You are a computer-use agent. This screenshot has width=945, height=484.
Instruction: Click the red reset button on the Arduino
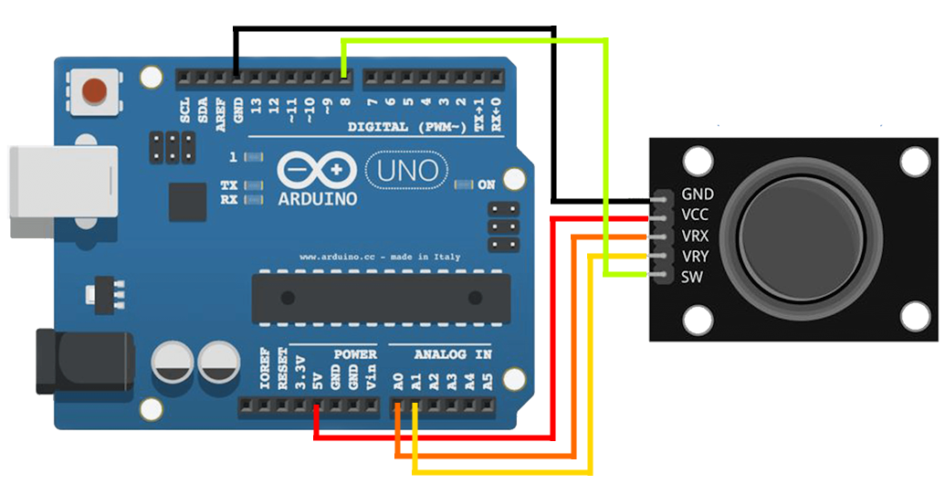point(95,90)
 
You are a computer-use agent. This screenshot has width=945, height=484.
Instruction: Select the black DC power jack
point(84,362)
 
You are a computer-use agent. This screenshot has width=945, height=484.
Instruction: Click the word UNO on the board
point(407,171)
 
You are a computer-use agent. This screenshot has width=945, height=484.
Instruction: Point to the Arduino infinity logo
point(317,170)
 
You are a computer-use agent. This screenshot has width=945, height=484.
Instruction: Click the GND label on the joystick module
point(698,195)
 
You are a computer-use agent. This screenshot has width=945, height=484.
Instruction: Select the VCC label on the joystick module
point(695,215)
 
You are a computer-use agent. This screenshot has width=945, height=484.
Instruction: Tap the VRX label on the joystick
point(695,236)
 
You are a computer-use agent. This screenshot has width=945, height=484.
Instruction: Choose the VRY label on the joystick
point(695,257)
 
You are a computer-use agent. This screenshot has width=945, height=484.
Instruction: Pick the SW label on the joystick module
point(691,278)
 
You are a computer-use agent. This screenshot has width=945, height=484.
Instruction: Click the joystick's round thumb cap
point(801,237)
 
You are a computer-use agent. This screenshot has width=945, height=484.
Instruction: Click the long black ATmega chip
point(381,297)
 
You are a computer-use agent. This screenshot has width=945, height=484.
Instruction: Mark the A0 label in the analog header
point(398,381)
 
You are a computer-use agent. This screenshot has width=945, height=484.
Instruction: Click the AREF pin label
point(221,114)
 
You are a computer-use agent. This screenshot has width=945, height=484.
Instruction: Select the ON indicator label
point(487,184)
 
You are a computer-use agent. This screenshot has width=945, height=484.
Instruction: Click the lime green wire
point(606,157)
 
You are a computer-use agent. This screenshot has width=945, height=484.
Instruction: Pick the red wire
point(551,325)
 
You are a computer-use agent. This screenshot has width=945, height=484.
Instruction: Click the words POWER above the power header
point(355,354)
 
